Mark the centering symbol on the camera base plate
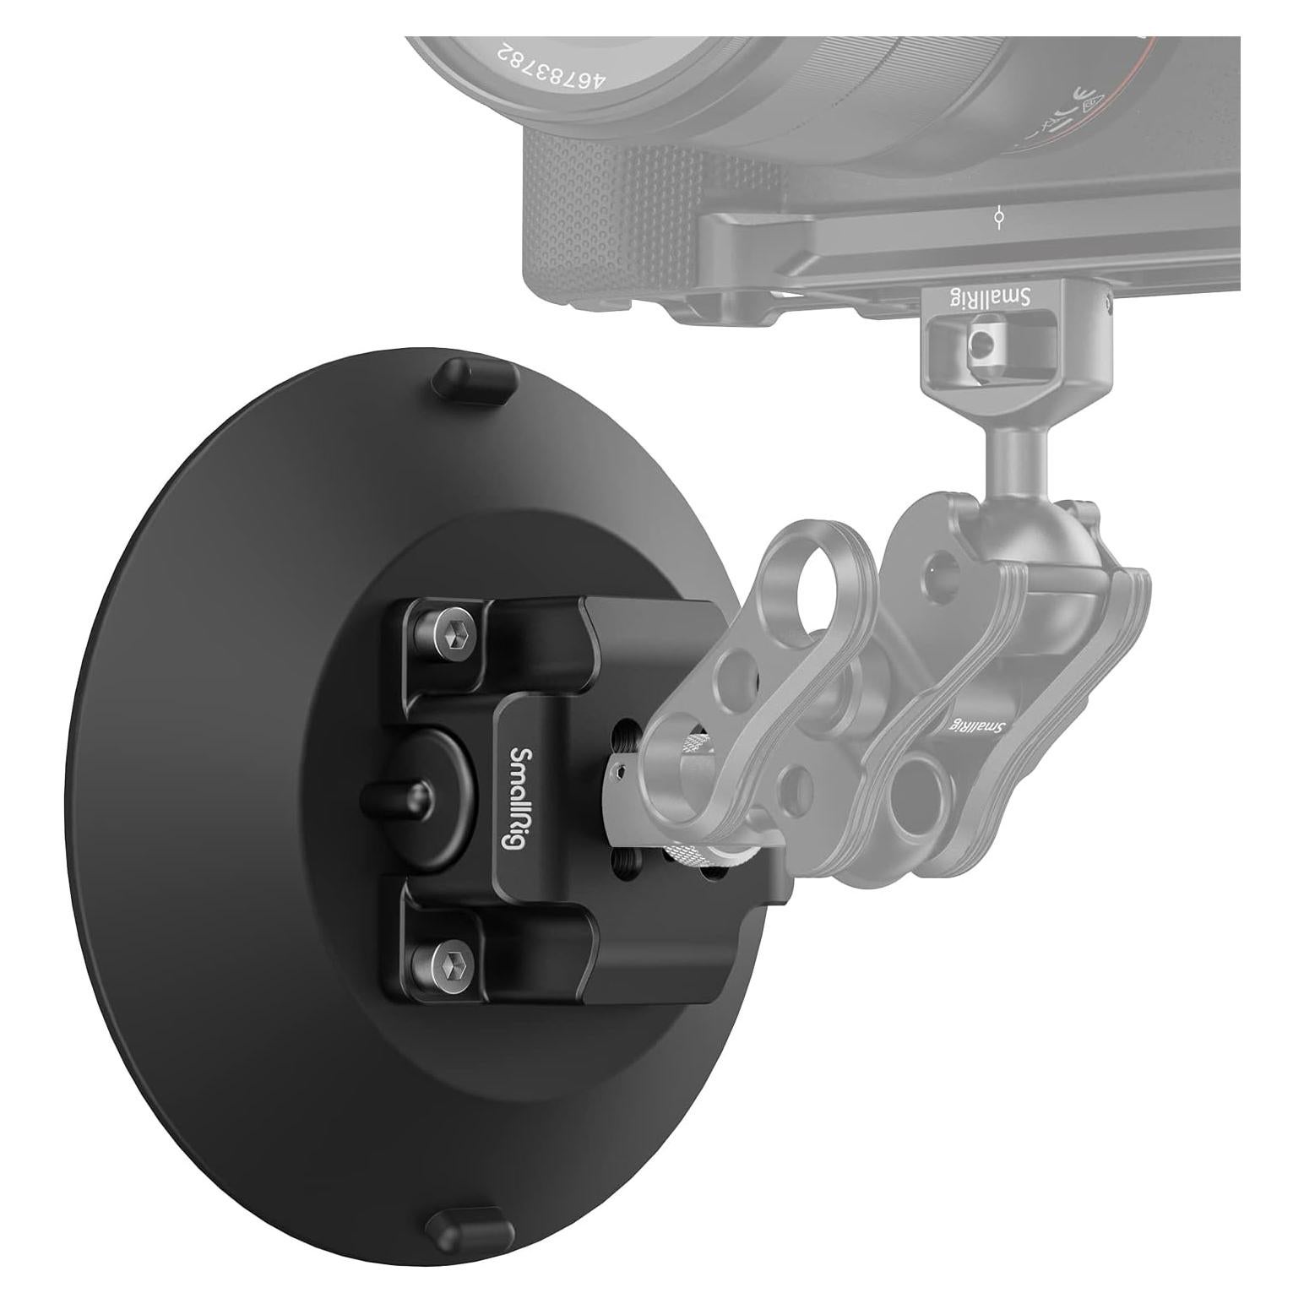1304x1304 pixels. (999, 218)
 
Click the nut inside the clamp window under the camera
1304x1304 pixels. (980, 341)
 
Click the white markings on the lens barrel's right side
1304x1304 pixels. (1089, 106)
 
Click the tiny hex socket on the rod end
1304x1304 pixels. (620, 770)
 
